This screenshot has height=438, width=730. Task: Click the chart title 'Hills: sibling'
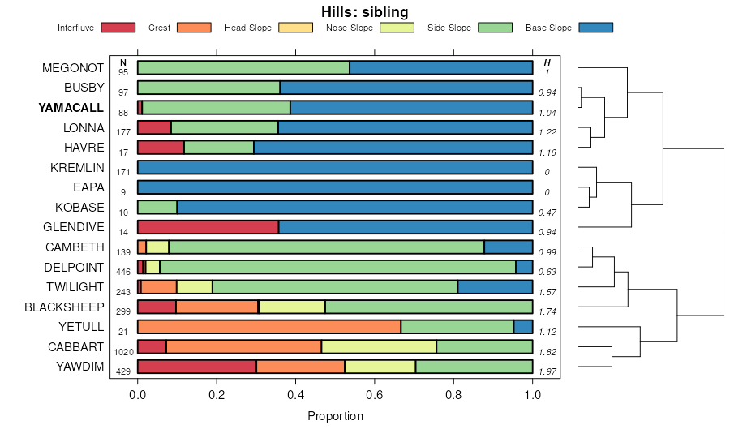tap(364, 11)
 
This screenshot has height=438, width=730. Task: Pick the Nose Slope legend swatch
tap(397, 28)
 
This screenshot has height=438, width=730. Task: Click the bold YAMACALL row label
tap(71, 108)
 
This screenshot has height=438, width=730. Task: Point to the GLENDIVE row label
tap(75, 227)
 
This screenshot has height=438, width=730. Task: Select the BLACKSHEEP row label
tap(64, 307)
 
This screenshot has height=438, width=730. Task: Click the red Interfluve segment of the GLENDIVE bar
tap(208, 227)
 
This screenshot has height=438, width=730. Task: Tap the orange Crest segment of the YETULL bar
tap(268, 327)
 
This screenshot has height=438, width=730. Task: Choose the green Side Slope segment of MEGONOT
tap(243, 67)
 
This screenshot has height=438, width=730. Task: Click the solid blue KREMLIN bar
tap(335, 168)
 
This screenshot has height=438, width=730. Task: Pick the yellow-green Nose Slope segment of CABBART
tap(378, 347)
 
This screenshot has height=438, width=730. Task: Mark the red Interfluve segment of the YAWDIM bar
tap(197, 367)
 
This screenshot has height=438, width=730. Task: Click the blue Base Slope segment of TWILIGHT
tap(495, 287)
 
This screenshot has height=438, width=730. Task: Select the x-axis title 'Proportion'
tap(335, 416)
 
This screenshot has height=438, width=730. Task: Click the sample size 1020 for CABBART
tap(123, 352)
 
